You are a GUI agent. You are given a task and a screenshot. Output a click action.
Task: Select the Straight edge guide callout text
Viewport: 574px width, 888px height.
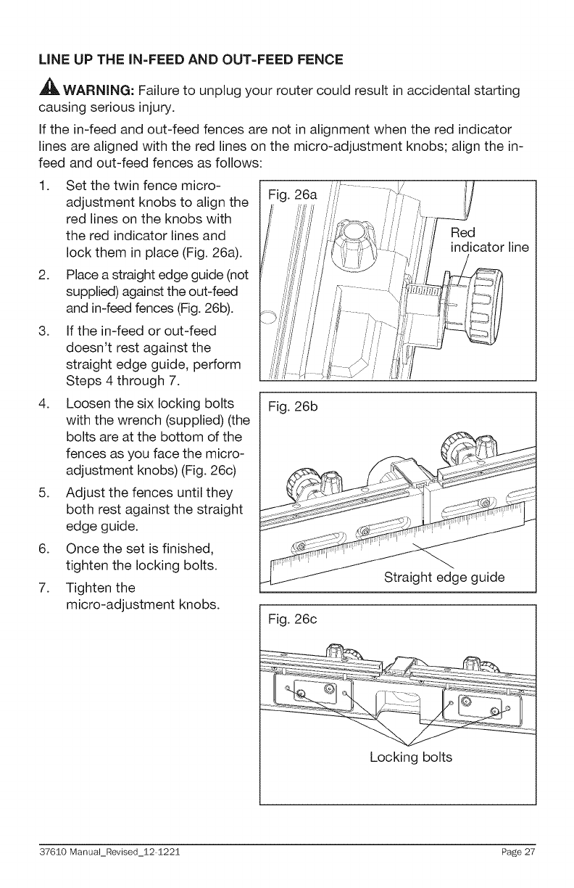(444, 578)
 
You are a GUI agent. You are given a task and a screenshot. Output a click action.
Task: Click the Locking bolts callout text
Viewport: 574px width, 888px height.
(410, 757)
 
